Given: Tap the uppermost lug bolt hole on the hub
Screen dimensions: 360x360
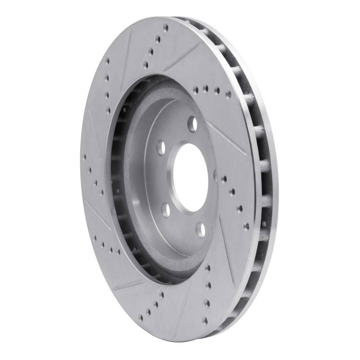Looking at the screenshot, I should coord(193,123).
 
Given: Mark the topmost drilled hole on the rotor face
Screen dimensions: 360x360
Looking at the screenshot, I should coord(166,27).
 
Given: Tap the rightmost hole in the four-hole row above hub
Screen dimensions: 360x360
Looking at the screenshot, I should coord(228,94).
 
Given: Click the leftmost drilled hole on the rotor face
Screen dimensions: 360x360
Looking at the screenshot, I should coord(85,157).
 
